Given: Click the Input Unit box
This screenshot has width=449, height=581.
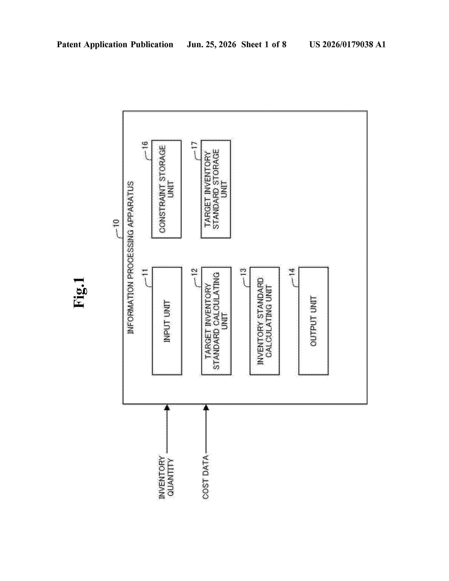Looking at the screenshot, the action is [x=167, y=321].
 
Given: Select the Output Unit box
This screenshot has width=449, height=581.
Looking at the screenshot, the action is [x=313, y=321].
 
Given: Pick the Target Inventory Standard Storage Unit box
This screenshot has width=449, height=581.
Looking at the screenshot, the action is [x=216, y=189].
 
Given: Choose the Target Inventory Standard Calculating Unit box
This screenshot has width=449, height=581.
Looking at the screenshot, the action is [x=216, y=321].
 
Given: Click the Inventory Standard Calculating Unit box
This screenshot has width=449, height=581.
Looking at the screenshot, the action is [x=265, y=321].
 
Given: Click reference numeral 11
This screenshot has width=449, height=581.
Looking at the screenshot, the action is [x=145, y=273].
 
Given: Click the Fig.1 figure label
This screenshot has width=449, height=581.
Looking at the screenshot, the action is [x=79, y=293].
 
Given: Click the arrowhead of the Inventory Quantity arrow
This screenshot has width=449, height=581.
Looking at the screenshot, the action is [x=167, y=407].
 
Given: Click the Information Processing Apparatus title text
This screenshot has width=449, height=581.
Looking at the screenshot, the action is [x=131, y=258].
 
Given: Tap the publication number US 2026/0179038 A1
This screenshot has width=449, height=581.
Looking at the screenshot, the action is [x=347, y=44].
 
